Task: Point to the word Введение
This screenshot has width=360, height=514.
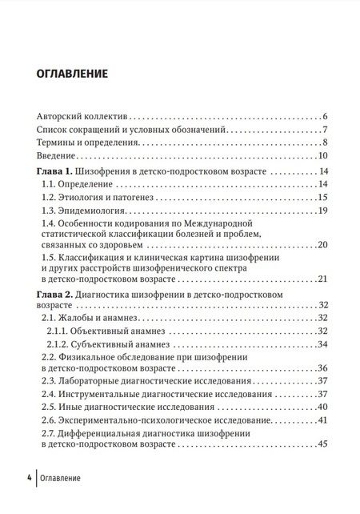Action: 57,156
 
